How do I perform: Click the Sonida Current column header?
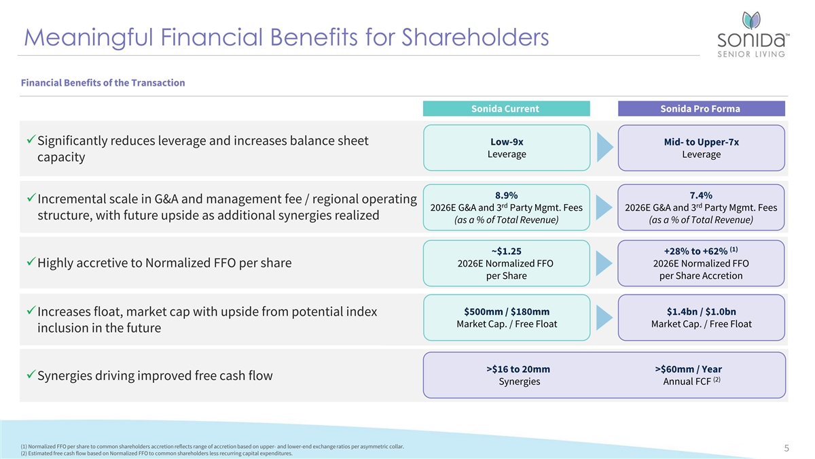pyautogui.click(x=505, y=109)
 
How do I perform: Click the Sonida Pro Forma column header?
pyautogui.click(x=700, y=109)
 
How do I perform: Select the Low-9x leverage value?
pyautogui.click(x=506, y=142)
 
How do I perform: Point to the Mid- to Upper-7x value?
pyautogui.click(x=701, y=142)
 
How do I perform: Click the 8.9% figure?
pyautogui.click(x=506, y=195)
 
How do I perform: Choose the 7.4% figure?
pyautogui.click(x=701, y=195)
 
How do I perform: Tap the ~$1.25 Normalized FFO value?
pyautogui.click(x=506, y=251)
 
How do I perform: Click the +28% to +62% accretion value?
pyautogui.click(x=697, y=251)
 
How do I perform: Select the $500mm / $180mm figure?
pyautogui.click(x=506, y=311)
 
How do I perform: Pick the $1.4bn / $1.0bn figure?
pyautogui.click(x=701, y=311)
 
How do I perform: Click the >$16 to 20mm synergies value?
pyautogui.click(x=519, y=369)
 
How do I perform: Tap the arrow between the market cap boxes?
pyautogui.click(x=604, y=318)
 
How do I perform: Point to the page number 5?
pyautogui.click(x=786, y=448)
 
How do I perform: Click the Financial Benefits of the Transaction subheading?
pyautogui.click(x=103, y=83)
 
